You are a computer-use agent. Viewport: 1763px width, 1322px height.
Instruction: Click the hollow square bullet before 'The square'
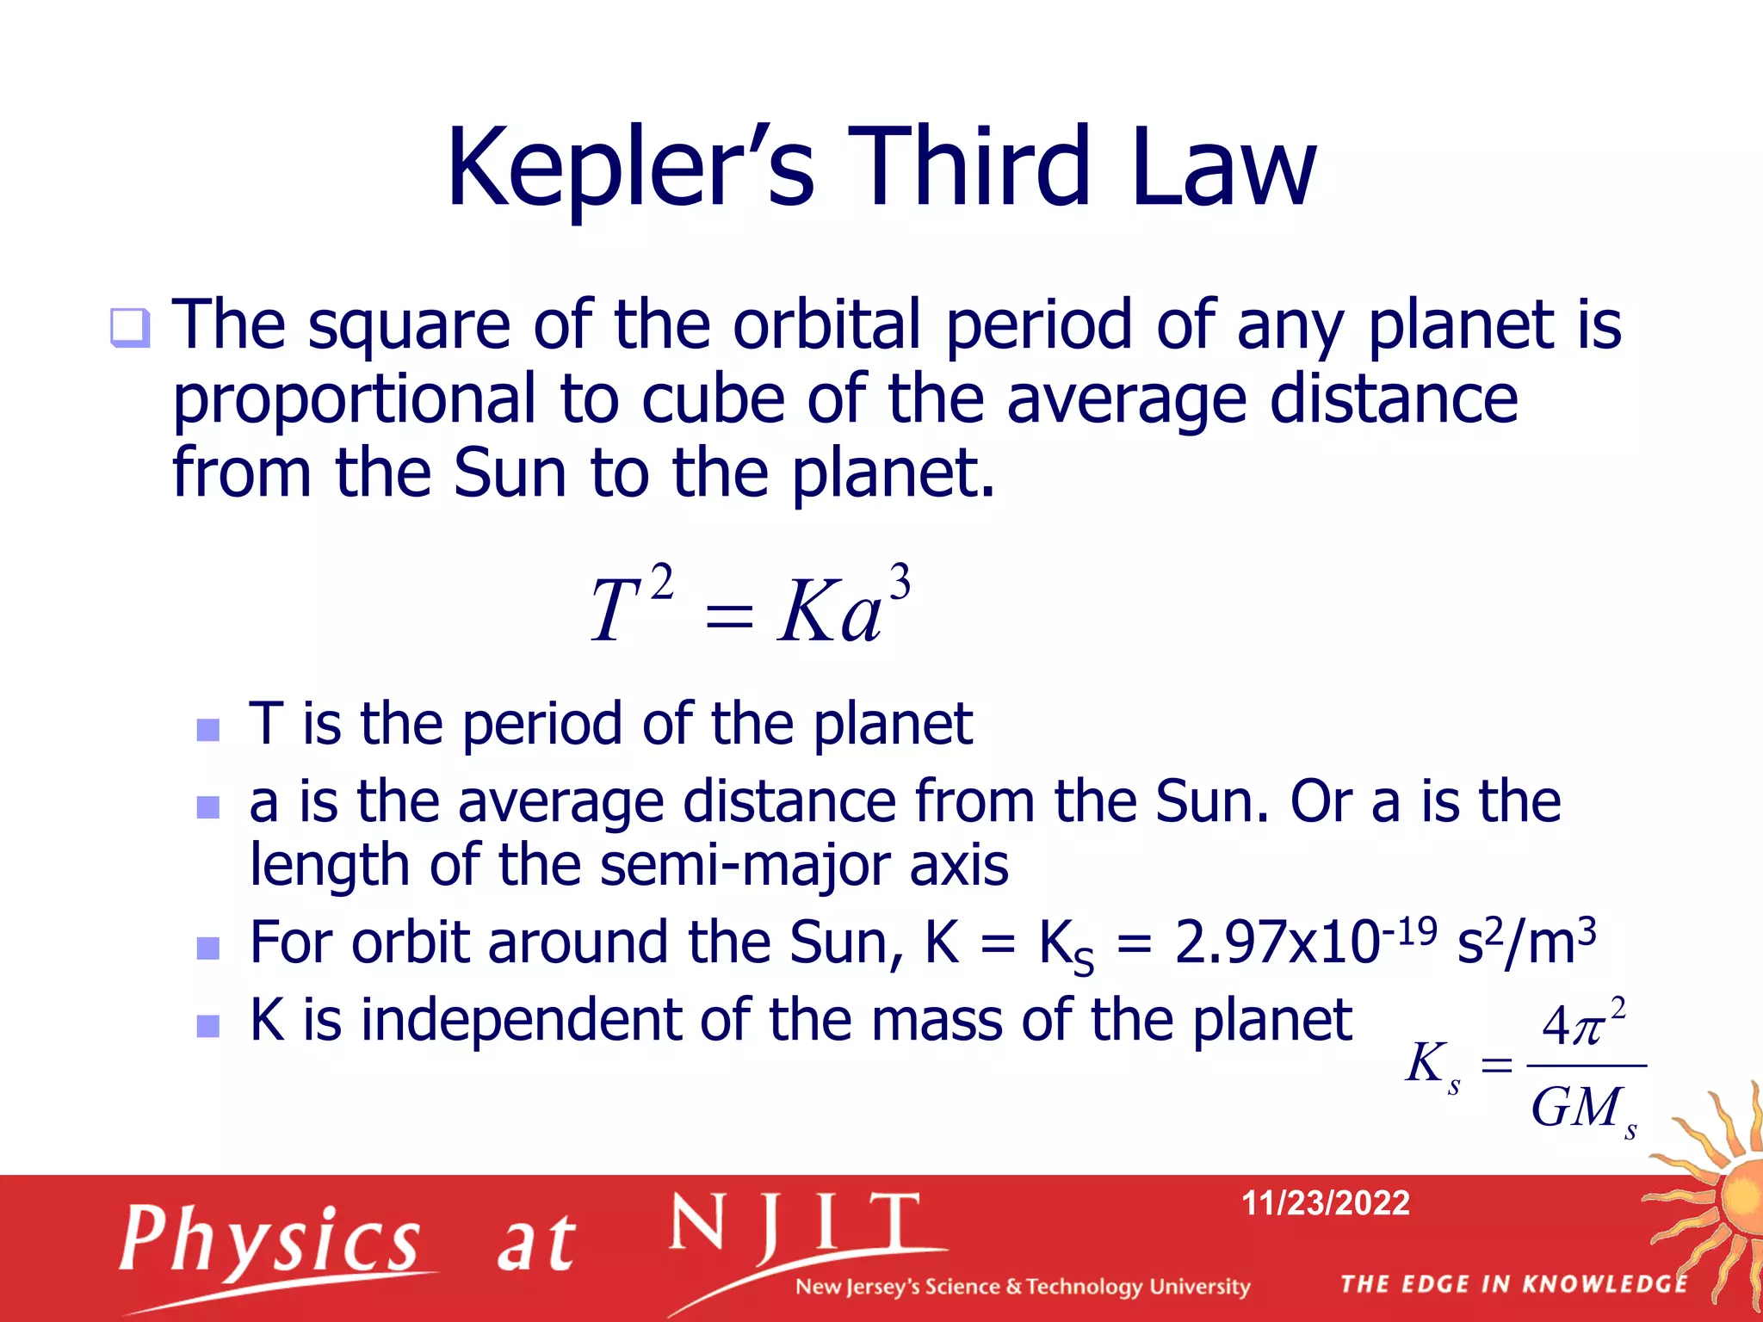point(130,328)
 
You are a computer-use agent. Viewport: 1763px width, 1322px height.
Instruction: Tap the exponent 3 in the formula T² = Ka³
point(900,583)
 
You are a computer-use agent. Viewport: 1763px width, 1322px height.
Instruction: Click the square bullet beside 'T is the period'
point(208,730)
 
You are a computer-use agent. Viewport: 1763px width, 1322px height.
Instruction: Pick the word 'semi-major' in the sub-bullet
point(743,865)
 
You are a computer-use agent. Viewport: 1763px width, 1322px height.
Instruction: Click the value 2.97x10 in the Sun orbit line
point(1277,942)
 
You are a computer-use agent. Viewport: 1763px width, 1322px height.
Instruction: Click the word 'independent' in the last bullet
point(522,1021)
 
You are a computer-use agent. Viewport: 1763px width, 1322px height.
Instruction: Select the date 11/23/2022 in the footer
point(1325,1202)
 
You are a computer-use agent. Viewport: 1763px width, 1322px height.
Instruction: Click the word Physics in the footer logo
point(270,1239)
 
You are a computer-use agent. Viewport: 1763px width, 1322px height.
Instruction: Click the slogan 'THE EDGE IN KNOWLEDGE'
point(1514,1284)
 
